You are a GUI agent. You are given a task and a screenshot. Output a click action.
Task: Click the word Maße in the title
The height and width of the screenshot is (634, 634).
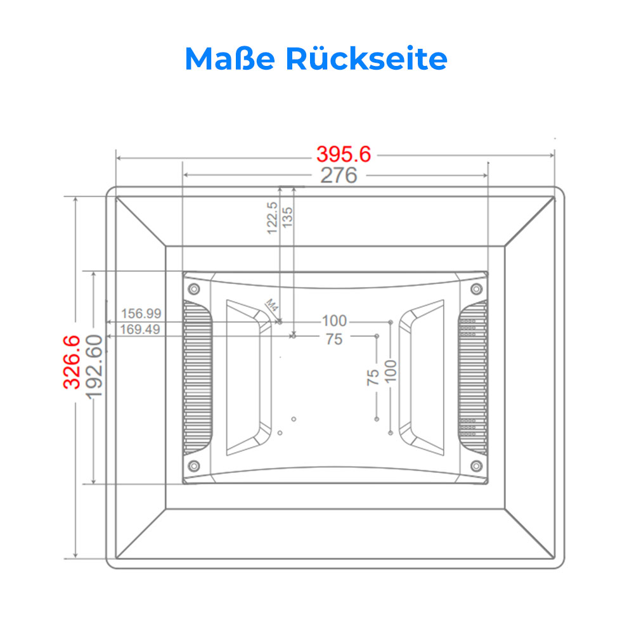pos(230,58)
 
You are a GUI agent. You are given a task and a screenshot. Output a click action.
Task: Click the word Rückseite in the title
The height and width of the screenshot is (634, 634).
pos(366,58)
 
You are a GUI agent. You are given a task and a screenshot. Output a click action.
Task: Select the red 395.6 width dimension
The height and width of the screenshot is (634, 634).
pos(344,154)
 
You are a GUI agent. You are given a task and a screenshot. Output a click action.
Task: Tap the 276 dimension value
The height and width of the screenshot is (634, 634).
pos(339,175)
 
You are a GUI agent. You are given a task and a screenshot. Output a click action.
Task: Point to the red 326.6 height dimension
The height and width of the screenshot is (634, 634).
pos(72,362)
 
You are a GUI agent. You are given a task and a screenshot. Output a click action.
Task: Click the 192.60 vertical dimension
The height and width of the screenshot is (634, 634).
pos(94,366)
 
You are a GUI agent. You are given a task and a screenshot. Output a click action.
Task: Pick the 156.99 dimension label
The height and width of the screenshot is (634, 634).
pos(141,313)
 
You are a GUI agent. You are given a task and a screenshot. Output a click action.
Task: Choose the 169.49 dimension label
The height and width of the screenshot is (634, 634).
pos(140,329)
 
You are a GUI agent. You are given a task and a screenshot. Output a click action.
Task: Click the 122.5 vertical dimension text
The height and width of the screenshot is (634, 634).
pos(272,218)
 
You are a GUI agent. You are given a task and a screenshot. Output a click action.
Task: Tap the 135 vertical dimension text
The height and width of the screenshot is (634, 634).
pos(287,217)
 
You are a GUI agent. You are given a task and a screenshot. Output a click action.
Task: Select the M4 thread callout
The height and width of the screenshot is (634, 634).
pos(272,305)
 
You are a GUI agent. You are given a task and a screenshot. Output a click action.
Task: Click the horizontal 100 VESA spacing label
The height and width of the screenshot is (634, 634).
pos(334,321)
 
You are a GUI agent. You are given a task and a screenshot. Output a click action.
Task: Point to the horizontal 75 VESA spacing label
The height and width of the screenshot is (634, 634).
pos(334,339)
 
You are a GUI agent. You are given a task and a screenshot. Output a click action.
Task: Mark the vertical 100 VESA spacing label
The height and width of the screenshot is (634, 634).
pos(391,371)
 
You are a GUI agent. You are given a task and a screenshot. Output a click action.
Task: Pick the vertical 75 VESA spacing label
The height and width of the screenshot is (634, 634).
pos(373,377)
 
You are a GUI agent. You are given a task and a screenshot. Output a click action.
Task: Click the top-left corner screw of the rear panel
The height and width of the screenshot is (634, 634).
pos(194,288)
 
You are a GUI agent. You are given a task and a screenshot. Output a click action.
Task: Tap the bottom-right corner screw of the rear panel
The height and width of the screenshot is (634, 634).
pos(477,466)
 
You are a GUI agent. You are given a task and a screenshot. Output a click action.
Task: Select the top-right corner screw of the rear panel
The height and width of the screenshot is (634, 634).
pos(477,288)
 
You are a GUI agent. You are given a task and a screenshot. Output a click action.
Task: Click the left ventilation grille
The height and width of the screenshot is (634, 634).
pos(198,378)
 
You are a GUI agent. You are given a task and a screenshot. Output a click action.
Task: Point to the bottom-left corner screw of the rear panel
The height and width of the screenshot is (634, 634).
pos(194,466)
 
